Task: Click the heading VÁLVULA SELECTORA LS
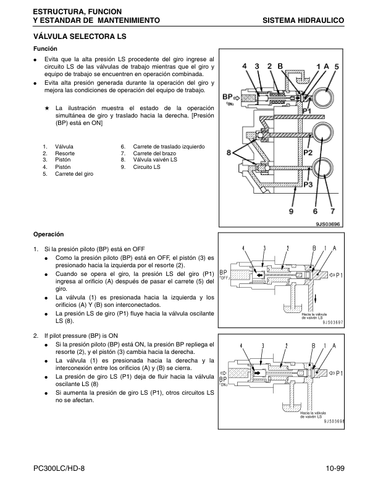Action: (x=80, y=37)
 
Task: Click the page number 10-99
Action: (x=335, y=468)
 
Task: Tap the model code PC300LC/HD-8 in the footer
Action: (x=59, y=468)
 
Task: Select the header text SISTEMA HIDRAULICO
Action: (x=303, y=20)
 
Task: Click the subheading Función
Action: (x=45, y=49)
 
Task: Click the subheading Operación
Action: (x=48, y=234)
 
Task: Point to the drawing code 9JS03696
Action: (x=327, y=224)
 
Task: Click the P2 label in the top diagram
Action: (x=308, y=152)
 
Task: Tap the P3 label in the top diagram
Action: (x=308, y=185)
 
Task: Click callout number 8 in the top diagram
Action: (x=229, y=153)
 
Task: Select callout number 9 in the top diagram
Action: (x=291, y=212)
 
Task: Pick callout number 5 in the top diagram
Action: (x=337, y=67)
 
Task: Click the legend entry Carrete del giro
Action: (x=74, y=174)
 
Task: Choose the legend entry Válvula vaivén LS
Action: (x=155, y=160)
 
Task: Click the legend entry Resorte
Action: (x=65, y=153)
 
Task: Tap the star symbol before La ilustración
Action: (x=47, y=108)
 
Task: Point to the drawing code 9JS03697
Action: (x=332, y=323)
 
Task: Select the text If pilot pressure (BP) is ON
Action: (x=81, y=336)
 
